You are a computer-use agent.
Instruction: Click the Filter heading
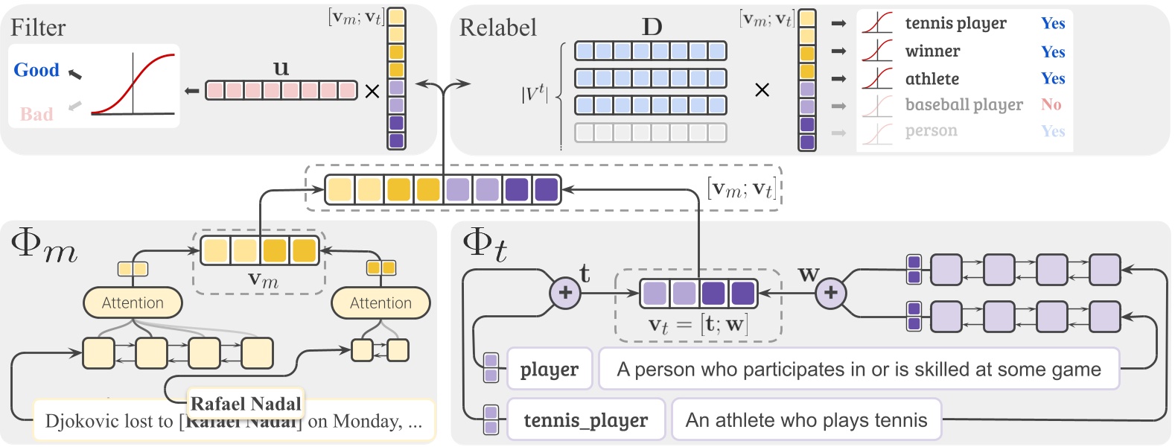click(x=38, y=28)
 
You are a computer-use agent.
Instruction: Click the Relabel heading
click(x=497, y=28)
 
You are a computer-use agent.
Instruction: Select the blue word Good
click(x=36, y=70)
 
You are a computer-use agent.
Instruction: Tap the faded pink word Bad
click(x=36, y=114)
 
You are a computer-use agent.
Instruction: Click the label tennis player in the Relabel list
click(x=955, y=24)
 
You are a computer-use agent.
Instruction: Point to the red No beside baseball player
click(x=1051, y=104)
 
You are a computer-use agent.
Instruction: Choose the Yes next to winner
click(x=1053, y=51)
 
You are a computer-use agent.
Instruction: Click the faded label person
click(x=931, y=131)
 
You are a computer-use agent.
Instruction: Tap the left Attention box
click(x=133, y=302)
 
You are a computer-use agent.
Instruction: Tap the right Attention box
click(x=380, y=302)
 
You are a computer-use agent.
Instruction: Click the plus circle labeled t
click(x=565, y=293)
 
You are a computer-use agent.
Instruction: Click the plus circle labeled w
click(x=831, y=293)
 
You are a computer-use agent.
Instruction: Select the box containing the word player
click(x=550, y=369)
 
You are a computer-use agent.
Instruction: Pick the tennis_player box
click(x=585, y=420)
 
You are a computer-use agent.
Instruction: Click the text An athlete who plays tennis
click(x=806, y=420)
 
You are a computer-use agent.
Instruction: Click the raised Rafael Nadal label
click(x=246, y=404)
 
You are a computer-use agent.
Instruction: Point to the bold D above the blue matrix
click(x=652, y=28)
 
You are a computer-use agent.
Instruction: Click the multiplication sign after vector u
click(x=372, y=91)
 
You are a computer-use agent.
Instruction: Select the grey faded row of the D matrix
click(x=651, y=133)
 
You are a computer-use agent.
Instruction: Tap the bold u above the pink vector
click(x=281, y=69)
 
